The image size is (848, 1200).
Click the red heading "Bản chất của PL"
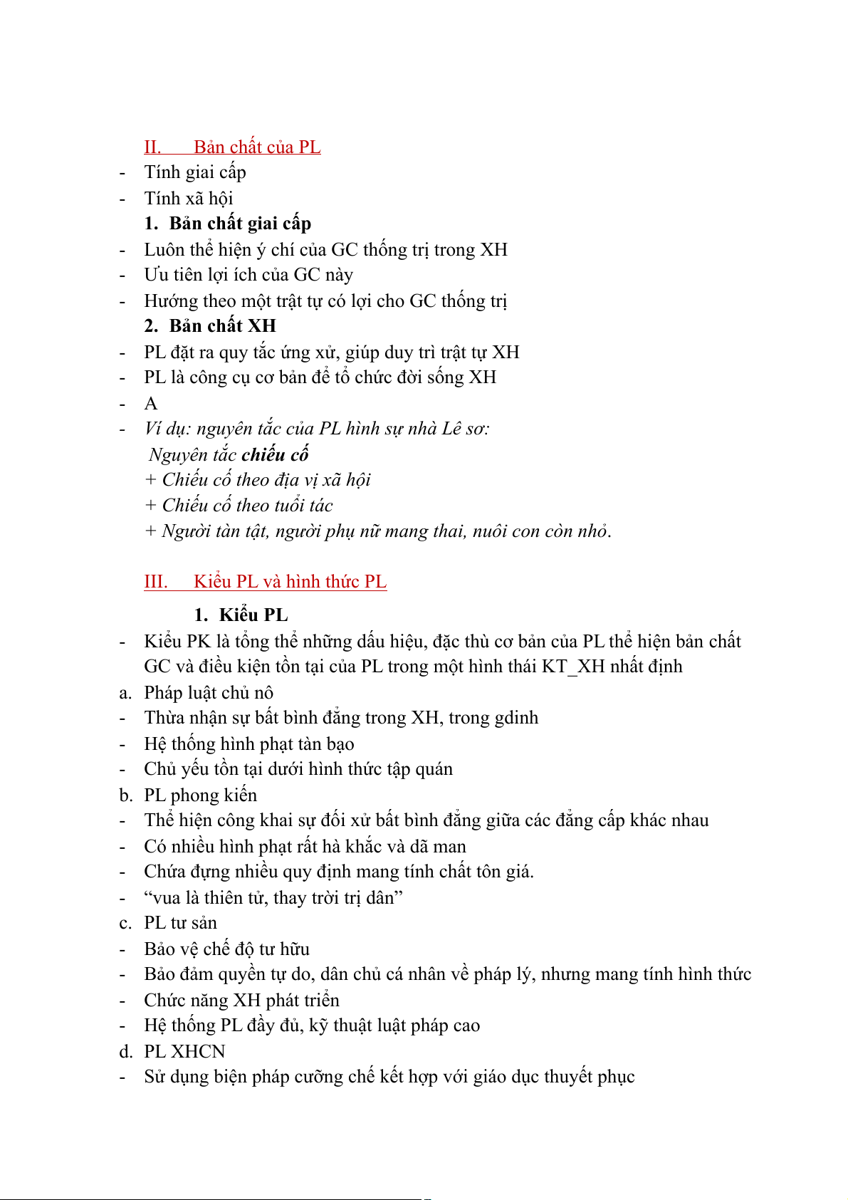click(257, 147)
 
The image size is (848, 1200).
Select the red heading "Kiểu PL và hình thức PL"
click(290, 582)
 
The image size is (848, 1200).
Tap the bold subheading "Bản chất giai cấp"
click(240, 224)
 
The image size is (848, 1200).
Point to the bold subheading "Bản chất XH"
click(222, 326)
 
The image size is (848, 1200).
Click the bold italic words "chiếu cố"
click(275, 454)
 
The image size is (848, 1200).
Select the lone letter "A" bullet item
click(151, 404)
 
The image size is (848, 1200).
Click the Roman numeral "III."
click(156, 582)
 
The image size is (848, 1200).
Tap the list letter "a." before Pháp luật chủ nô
click(125, 693)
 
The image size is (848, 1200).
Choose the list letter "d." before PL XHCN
click(126, 1052)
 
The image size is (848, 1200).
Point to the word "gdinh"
click(515, 718)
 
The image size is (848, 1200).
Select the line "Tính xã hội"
click(189, 199)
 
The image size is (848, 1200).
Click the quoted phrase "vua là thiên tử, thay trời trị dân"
click(273, 898)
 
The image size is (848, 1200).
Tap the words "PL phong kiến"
click(200, 795)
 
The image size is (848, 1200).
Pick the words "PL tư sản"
click(180, 923)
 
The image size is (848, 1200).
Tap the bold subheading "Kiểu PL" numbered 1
click(253, 615)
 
